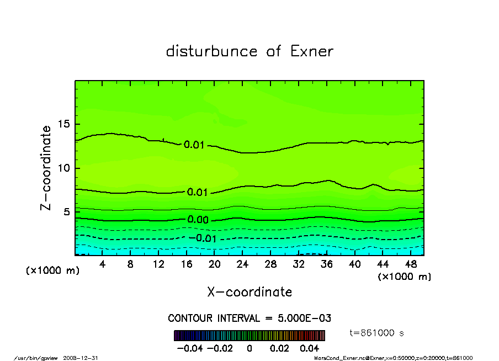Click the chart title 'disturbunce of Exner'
point(250,51)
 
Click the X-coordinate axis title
point(250,291)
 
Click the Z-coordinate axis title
point(46,168)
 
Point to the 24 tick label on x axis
point(243,264)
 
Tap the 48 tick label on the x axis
point(411,264)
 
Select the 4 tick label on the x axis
point(103,264)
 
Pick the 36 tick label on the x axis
point(327,264)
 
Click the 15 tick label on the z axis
point(65,124)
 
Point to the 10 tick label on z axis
point(65,168)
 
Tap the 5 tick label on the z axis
point(68,212)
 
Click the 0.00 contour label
point(198,220)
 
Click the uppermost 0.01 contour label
point(194,145)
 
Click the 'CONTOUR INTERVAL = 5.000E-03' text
point(250,318)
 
